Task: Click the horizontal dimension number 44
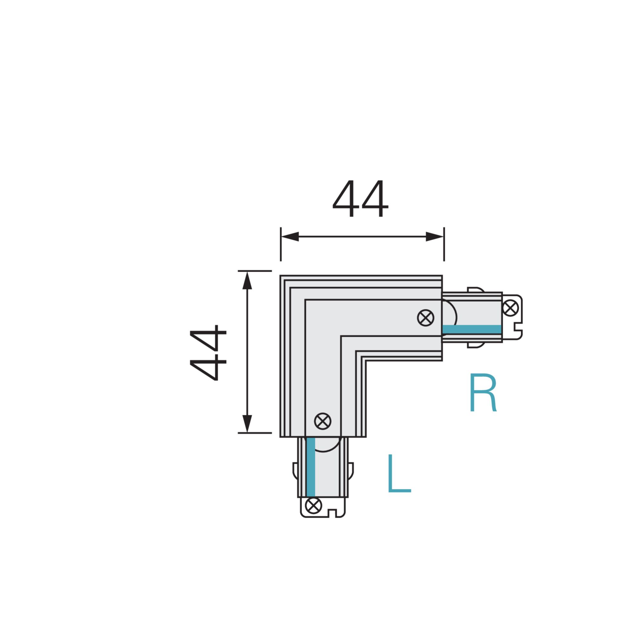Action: pos(361,198)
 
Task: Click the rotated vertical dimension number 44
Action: pos(208,353)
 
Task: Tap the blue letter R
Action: pos(483,392)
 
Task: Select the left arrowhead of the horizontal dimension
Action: pos(290,236)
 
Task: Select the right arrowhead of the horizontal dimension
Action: pos(435,236)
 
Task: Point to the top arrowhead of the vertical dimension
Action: pos(247,280)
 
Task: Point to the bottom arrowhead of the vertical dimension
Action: pos(247,424)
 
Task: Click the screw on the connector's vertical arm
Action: pos(323,421)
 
